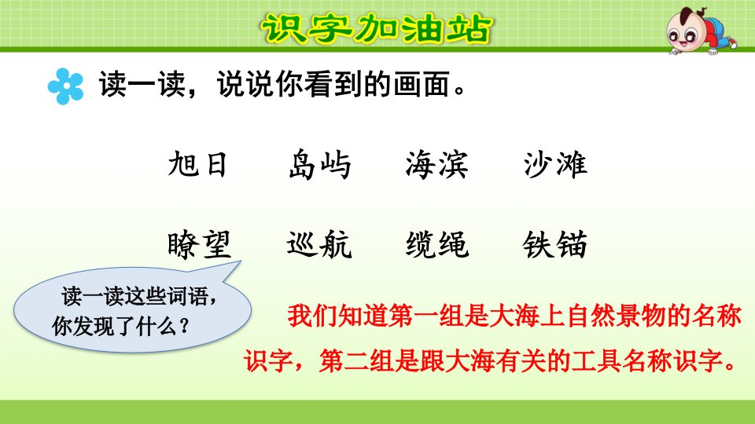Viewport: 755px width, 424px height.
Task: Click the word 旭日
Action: click(197, 164)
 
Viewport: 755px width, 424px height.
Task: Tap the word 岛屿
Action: click(320, 164)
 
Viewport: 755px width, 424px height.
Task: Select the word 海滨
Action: click(436, 164)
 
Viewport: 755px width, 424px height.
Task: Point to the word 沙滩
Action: click(555, 164)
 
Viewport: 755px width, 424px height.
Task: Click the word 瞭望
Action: click(199, 245)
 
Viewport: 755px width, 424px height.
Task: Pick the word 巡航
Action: click(319, 245)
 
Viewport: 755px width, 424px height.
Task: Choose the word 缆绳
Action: click(436, 245)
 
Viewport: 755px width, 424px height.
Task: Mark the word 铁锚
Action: click(555, 245)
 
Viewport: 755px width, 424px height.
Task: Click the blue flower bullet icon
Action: click(65, 86)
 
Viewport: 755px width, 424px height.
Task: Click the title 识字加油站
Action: click(376, 28)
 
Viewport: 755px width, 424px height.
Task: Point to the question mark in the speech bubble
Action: click(183, 327)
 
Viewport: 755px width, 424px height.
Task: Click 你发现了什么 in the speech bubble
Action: click(114, 327)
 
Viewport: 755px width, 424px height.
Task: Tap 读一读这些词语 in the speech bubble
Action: click(134, 296)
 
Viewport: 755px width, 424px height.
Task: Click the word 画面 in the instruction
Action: click(422, 85)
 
